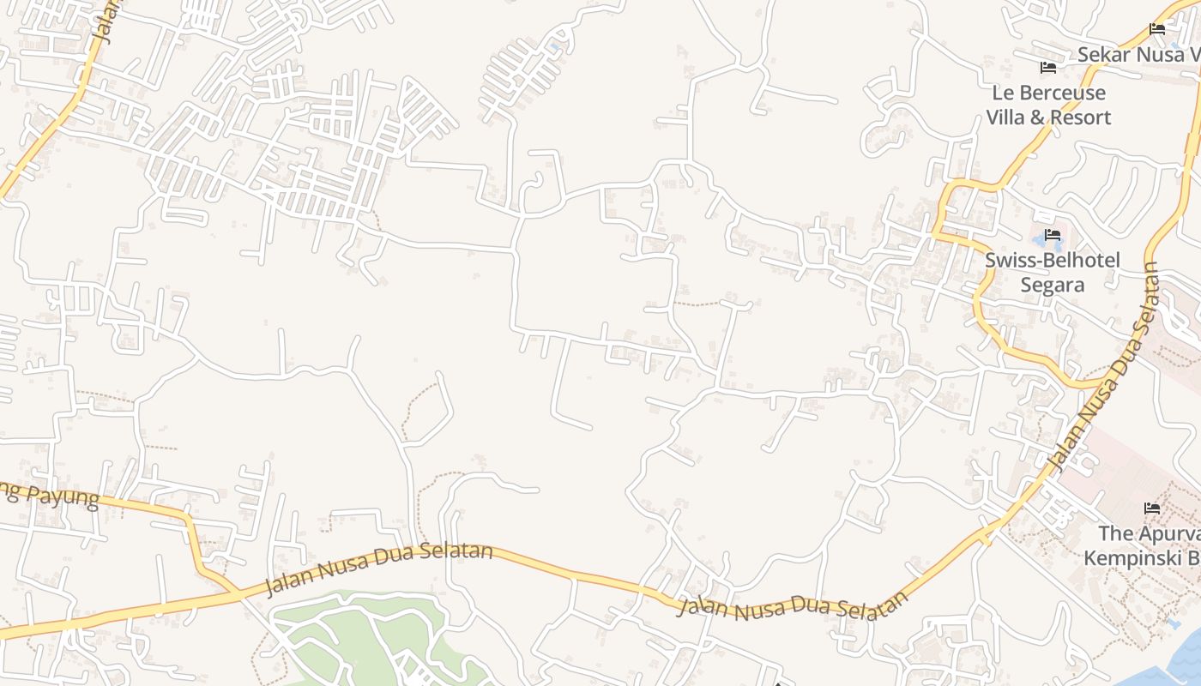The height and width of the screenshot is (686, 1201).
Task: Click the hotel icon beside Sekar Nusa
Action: click(x=1157, y=29)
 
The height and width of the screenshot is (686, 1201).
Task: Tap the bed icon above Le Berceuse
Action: click(x=1047, y=68)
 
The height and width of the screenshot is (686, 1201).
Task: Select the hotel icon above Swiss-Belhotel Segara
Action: click(x=1053, y=235)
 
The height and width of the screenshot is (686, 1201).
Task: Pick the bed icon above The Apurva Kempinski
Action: click(x=1152, y=508)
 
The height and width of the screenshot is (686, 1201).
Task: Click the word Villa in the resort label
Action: click(x=1005, y=117)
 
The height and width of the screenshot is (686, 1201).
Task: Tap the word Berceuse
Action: click(x=1062, y=93)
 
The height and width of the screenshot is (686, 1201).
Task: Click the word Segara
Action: click(x=1052, y=285)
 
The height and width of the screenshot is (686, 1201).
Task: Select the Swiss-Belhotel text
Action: click(x=1052, y=260)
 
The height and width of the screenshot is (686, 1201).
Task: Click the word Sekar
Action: click(x=1101, y=54)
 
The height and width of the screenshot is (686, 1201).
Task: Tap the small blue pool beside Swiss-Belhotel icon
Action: click(x=1040, y=243)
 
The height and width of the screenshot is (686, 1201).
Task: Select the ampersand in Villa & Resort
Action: click(x=1037, y=117)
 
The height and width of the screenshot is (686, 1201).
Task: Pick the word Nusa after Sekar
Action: click(x=1162, y=54)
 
